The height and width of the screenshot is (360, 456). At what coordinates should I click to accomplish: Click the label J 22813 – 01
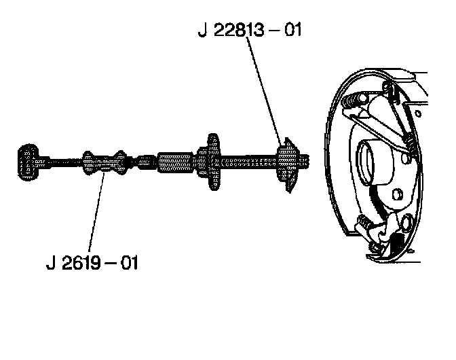pyautogui.click(x=250, y=30)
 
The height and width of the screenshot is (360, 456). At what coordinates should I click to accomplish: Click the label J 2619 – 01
pyautogui.click(x=92, y=262)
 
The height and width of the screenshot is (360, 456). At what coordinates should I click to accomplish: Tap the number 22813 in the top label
pyautogui.click(x=239, y=30)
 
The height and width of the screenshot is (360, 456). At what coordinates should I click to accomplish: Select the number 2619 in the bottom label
pyautogui.click(x=81, y=262)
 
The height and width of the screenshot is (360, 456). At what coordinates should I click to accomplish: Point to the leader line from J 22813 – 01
pyautogui.click(x=264, y=91)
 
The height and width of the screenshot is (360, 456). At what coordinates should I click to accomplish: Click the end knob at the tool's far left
pyautogui.click(x=28, y=162)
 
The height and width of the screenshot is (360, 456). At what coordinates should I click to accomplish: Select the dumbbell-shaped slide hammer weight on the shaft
pyautogui.click(x=104, y=162)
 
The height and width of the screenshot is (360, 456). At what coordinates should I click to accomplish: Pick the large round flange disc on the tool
pyautogui.click(x=213, y=162)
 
